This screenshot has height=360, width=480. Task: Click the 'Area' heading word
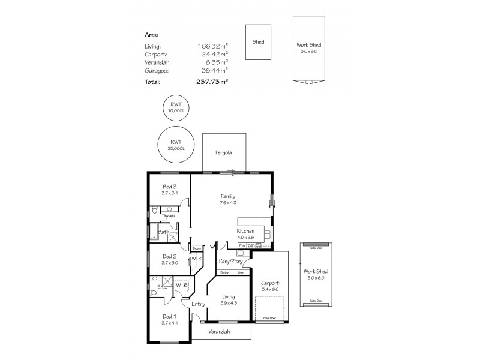pos(151,35)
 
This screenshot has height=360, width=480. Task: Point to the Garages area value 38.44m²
pos(213,70)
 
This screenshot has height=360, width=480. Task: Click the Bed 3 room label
pos(169,187)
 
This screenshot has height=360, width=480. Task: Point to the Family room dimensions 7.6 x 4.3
pos(227,203)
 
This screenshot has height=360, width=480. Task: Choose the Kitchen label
pos(245,231)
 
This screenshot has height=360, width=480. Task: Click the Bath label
pos(163,232)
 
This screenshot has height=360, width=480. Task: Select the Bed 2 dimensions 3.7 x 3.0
pos(169,262)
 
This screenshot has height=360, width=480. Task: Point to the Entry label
pos(198,304)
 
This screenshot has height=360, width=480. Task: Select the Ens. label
pos(161,287)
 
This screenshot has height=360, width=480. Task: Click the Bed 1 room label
pos(169,316)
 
